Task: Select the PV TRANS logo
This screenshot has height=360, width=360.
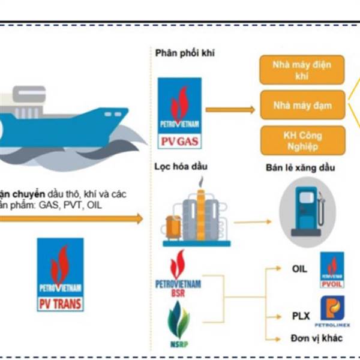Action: pyautogui.click(x=59, y=274)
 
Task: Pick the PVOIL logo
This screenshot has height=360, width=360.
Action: pyautogui.click(x=332, y=269)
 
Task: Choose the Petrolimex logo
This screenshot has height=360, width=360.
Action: pyautogui.click(x=332, y=313)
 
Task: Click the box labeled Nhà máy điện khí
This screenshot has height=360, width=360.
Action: pyautogui.click(x=301, y=70)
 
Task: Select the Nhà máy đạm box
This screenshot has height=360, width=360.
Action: pyautogui.click(x=301, y=106)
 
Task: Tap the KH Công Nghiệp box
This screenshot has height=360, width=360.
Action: pyautogui.click(x=301, y=140)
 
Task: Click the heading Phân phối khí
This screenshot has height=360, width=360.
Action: pyautogui.click(x=184, y=52)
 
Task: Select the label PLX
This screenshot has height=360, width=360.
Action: pyautogui.click(x=299, y=316)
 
